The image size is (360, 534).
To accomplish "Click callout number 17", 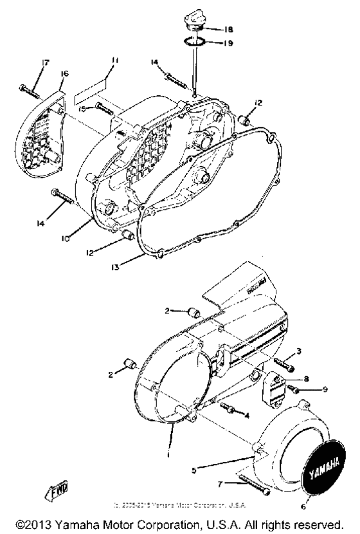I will pyautogui.click(x=28, y=63).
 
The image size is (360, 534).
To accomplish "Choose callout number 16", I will pyautogui.click(x=64, y=75).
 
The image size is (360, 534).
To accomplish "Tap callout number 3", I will pyautogui.click(x=299, y=352).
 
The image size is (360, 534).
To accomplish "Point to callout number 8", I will pyautogui.click(x=307, y=379).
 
